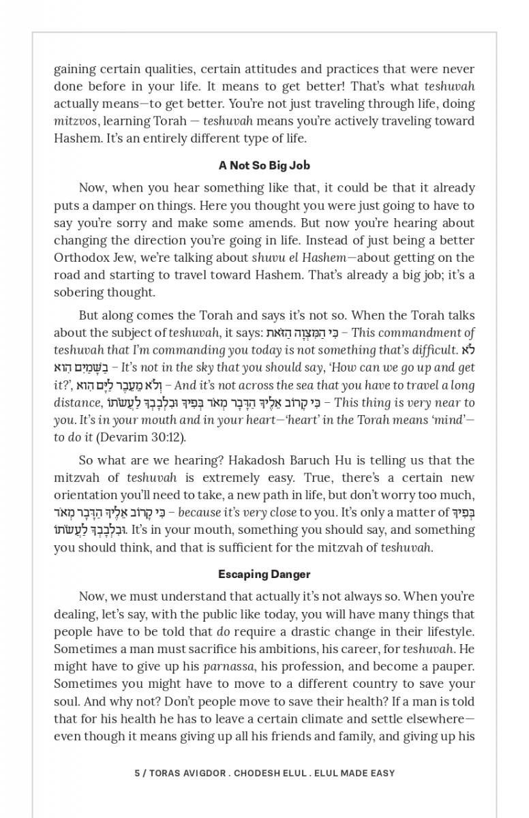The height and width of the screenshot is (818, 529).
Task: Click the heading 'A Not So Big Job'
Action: pyautogui.click(x=264, y=166)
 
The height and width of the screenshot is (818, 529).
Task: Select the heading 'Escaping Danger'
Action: pyautogui.click(x=264, y=574)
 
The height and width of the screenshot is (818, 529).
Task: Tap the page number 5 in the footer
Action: pyautogui.click(x=137, y=773)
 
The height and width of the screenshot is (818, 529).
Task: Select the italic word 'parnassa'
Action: pyautogui.click(x=229, y=665)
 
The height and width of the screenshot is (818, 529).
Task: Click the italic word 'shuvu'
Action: pyautogui.click(x=268, y=258)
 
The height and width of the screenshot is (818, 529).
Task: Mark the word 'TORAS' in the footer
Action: pyautogui.click(x=167, y=773)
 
